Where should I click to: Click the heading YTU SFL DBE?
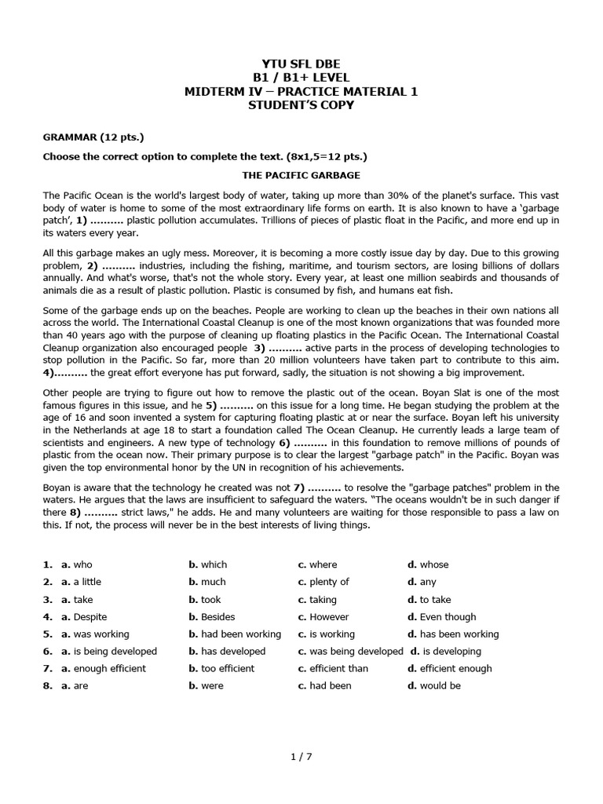[301, 63]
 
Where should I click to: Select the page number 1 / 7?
[301, 757]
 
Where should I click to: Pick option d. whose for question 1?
[428, 565]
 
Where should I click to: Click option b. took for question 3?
[205, 599]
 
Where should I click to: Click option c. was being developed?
[350, 651]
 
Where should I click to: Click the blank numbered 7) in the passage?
[318, 487]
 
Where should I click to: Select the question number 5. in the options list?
[48, 634]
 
